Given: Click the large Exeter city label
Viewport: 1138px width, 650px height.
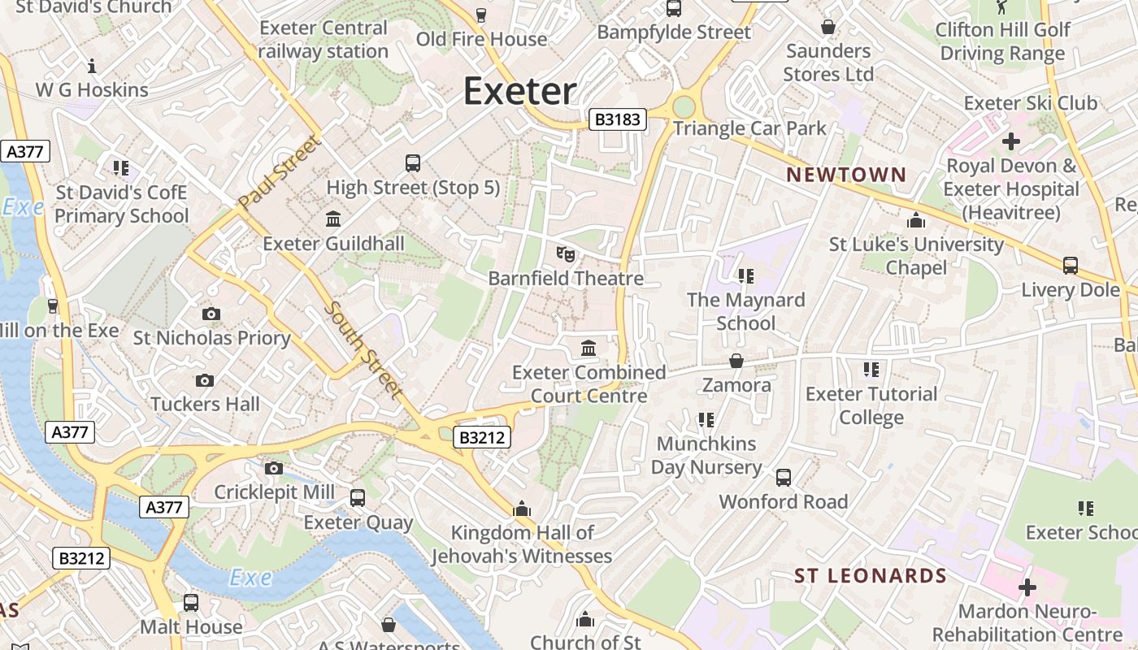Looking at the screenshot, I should pyautogui.click(x=520, y=91).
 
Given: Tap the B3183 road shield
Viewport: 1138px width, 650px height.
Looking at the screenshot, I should pyautogui.click(x=618, y=120).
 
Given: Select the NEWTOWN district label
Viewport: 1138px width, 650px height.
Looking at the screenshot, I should pyautogui.click(x=846, y=175).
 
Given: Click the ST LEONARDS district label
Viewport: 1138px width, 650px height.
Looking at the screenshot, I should pyautogui.click(x=870, y=576).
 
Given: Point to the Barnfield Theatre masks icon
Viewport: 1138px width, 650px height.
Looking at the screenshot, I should pyautogui.click(x=566, y=254).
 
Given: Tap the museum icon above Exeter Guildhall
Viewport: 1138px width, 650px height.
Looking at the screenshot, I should pyautogui.click(x=333, y=219).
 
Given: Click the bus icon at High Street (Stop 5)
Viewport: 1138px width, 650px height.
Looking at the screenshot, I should pyautogui.click(x=413, y=163).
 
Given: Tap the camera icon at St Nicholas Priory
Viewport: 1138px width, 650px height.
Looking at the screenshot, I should pyautogui.click(x=211, y=314).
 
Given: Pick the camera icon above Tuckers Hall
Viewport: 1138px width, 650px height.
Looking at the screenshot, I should pyautogui.click(x=205, y=380).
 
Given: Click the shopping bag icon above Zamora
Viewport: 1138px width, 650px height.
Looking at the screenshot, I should pyautogui.click(x=736, y=360).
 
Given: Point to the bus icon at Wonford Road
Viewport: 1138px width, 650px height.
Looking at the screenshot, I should pyautogui.click(x=784, y=478).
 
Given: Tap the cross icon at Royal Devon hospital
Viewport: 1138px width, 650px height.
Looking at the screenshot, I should pyautogui.click(x=1010, y=141).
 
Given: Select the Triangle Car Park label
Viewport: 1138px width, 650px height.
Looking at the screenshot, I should pyautogui.click(x=749, y=128).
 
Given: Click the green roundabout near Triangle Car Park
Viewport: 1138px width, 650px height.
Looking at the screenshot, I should pyautogui.click(x=684, y=107).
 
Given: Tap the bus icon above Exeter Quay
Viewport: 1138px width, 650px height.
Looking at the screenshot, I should pyautogui.click(x=358, y=498).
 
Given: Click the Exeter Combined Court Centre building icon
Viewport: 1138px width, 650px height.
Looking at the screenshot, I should pyautogui.click(x=589, y=349).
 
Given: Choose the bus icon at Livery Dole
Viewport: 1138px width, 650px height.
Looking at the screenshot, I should pyautogui.click(x=1071, y=265).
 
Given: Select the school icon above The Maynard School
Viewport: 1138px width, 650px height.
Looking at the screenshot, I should pyautogui.click(x=746, y=276).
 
